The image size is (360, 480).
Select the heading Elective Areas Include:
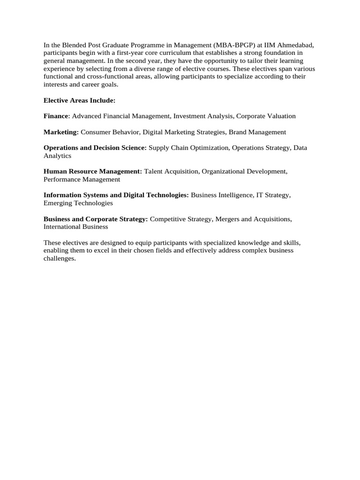tap(79, 100)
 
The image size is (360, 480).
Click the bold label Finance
tap(56, 116)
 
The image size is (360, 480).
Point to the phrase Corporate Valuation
tap(266, 116)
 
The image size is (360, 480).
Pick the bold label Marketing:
tap(61, 132)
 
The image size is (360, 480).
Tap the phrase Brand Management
tap(257, 132)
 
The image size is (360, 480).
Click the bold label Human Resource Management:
tap(93, 172)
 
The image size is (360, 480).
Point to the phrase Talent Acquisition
tap(171, 172)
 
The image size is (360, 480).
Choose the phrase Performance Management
tap(82, 180)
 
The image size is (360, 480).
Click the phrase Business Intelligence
tap(221, 195)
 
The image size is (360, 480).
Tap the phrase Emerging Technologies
tap(78, 203)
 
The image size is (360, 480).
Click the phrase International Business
tap(75, 227)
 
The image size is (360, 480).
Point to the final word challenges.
tap(60, 258)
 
